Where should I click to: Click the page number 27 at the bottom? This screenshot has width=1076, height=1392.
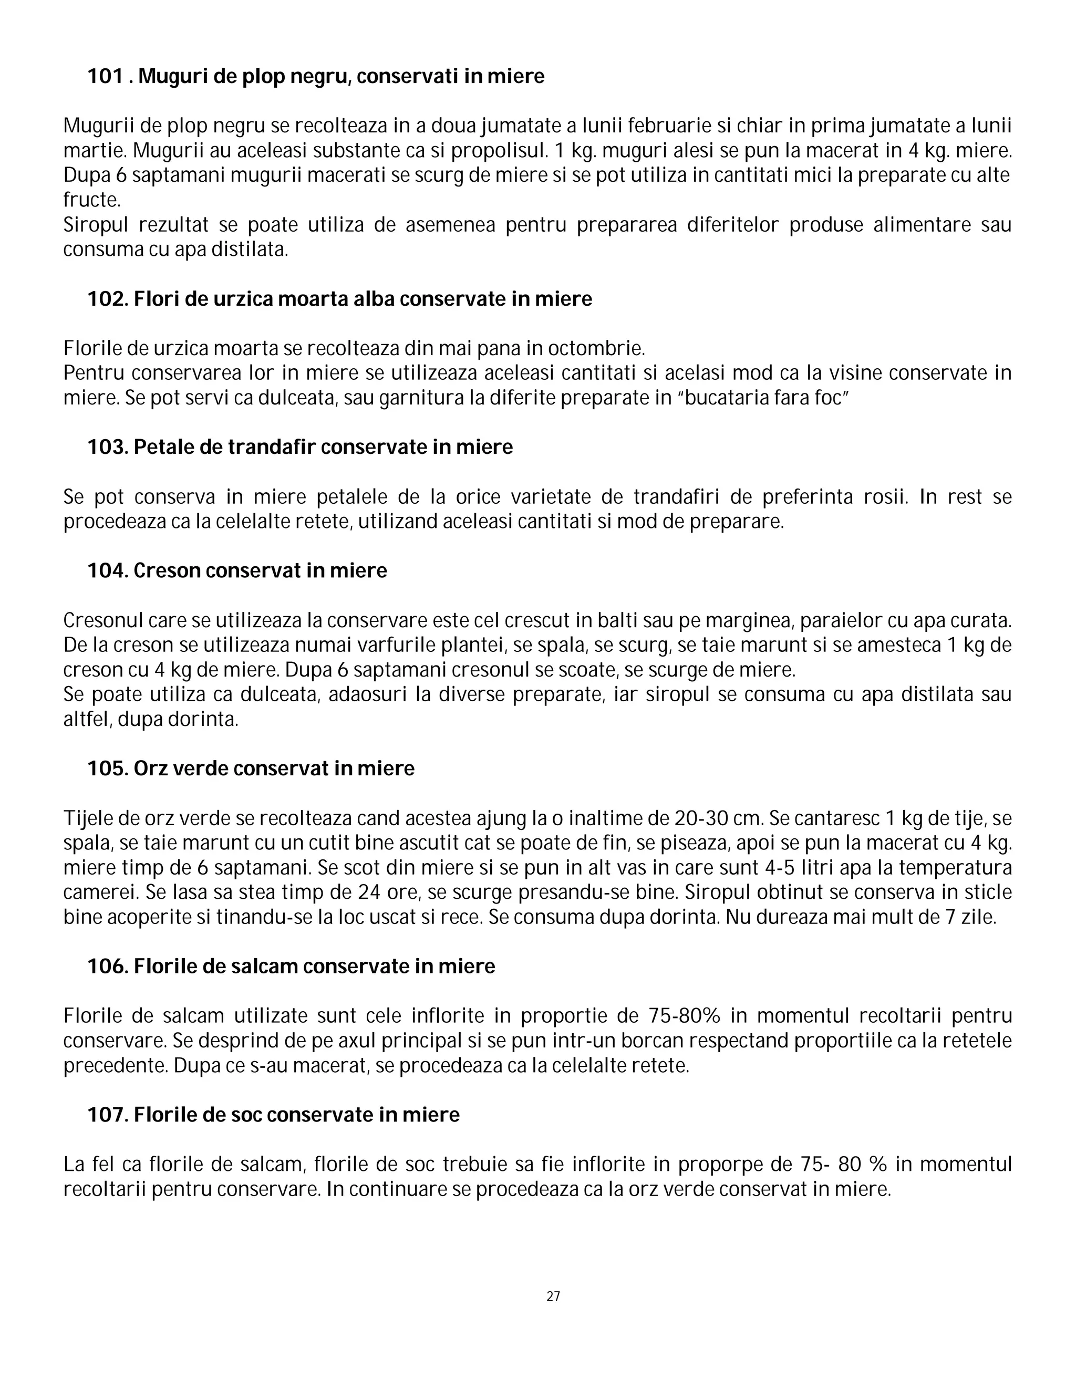[x=553, y=1296]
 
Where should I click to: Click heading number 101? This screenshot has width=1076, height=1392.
[x=105, y=77]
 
